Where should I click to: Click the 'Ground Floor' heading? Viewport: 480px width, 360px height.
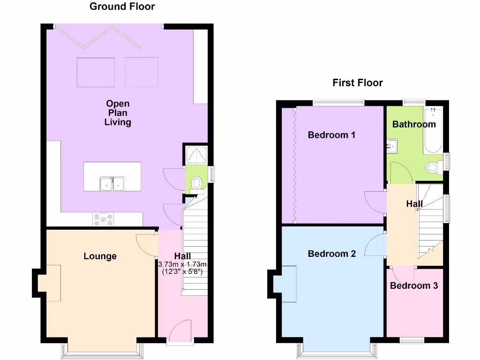tap(122, 7)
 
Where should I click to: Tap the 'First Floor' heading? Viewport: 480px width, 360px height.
tap(358, 83)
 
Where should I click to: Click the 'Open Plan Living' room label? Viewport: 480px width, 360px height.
tap(118, 113)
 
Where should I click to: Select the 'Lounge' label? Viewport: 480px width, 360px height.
tap(100, 256)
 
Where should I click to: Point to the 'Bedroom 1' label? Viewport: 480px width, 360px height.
tap(331, 135)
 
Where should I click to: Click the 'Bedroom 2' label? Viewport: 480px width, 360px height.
tap(331, 254)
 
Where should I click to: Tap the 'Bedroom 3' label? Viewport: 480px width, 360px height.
tap(414, 285)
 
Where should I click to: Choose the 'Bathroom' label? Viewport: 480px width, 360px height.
tap(414, 124)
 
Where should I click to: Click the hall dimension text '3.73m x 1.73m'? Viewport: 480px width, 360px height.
tap(182, 264)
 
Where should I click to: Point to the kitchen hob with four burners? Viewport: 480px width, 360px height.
tap(104, 219)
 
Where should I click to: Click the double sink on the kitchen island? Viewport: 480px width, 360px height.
tap(112, 184)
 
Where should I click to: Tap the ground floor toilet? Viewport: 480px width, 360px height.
tap(196, 182)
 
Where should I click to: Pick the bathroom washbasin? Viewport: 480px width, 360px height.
tap(392, 146)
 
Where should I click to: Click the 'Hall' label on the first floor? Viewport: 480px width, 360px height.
tap(414, 204)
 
